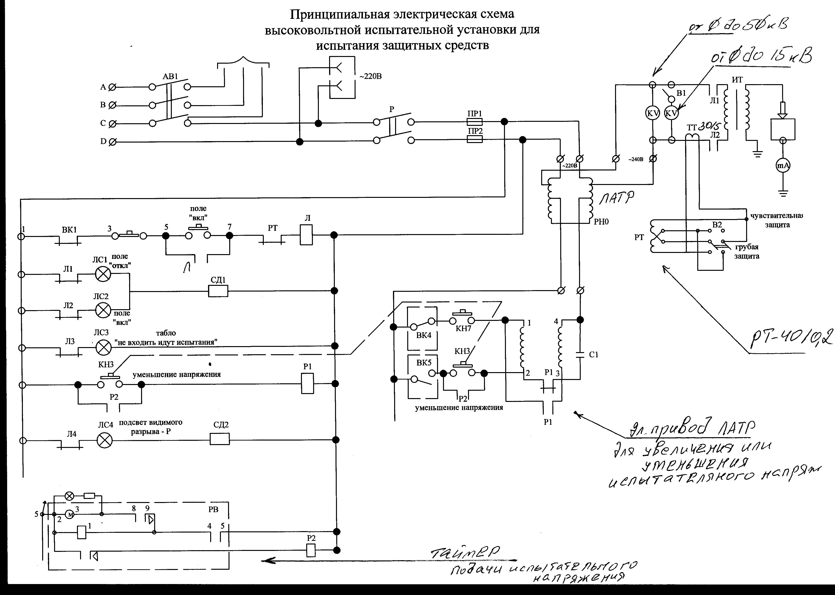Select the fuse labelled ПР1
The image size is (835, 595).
475,122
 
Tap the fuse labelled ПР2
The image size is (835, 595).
475,139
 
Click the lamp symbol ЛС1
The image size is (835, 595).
103,274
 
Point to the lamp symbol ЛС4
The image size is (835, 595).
105,441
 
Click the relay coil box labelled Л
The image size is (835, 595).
306,235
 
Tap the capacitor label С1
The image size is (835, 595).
594,355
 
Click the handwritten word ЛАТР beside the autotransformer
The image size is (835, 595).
616,199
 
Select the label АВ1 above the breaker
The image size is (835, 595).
170,77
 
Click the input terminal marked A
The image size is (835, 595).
112,87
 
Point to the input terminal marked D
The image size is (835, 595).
112,142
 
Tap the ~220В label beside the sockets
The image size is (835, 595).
370,77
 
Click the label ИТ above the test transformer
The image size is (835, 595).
737,80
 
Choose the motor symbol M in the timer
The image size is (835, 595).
70,515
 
